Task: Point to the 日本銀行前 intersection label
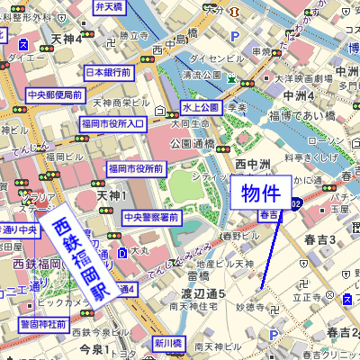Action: tap(109, 72)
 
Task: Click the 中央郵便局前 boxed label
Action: tap(55, 94)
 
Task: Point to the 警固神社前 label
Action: tap(44, 323)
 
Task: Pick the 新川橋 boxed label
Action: tap(167, 343)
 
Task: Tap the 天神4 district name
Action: tap(67, 40)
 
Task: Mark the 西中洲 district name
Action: tap(253, 163)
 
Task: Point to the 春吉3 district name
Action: tap(319, 238)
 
